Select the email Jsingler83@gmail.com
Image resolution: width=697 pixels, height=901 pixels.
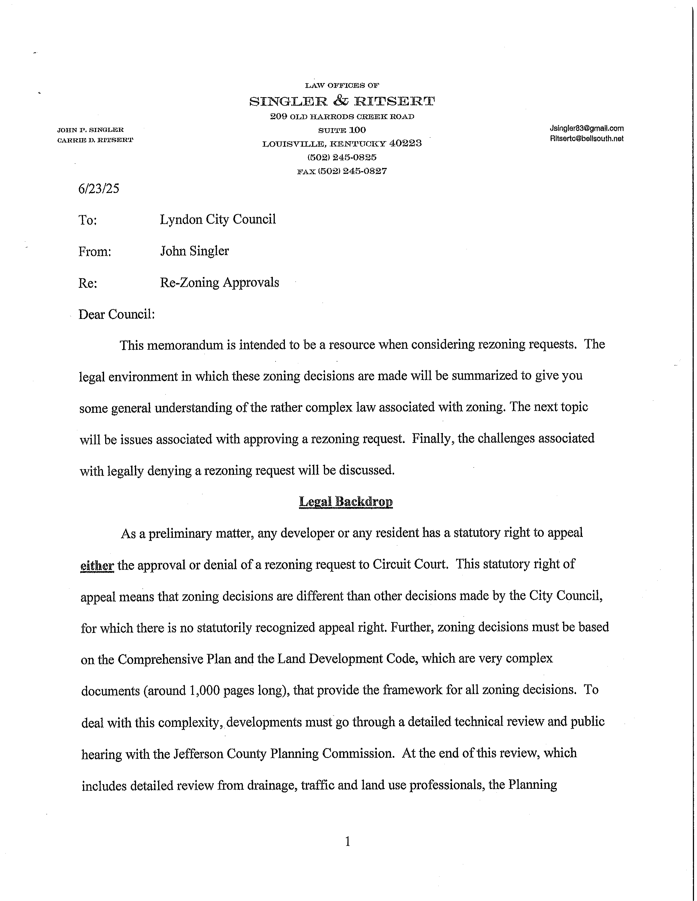tap(586, 128)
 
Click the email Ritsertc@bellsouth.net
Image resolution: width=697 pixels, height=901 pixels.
tap(586, 139)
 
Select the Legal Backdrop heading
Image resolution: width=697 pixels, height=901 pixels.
tap(346, 502)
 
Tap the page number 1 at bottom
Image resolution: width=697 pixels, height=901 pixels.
tap(347, 841)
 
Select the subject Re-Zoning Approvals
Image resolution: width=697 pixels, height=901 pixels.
tap(220, 283)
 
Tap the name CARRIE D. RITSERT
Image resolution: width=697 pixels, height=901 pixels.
tap(95, 140)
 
